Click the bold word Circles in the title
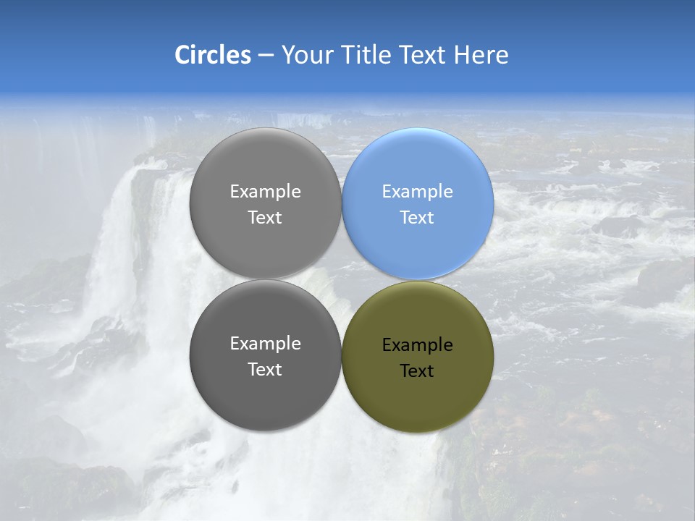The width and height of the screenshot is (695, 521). coord(212,55)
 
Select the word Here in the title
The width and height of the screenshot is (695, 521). coord(481,55)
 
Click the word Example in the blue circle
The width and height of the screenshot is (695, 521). coord(418,192)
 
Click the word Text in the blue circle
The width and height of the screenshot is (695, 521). coord(417,218)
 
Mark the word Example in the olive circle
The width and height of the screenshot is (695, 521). coord(418,345)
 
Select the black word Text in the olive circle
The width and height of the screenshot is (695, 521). coord(417,371)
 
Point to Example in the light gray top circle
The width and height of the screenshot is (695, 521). coord(265,192)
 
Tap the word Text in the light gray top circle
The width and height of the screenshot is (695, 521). coord(265,218)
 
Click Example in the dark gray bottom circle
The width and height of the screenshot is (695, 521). coord(265,344)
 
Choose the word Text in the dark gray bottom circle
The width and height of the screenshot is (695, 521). coord(265,370)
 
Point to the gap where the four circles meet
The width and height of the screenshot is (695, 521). coord(342,279)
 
